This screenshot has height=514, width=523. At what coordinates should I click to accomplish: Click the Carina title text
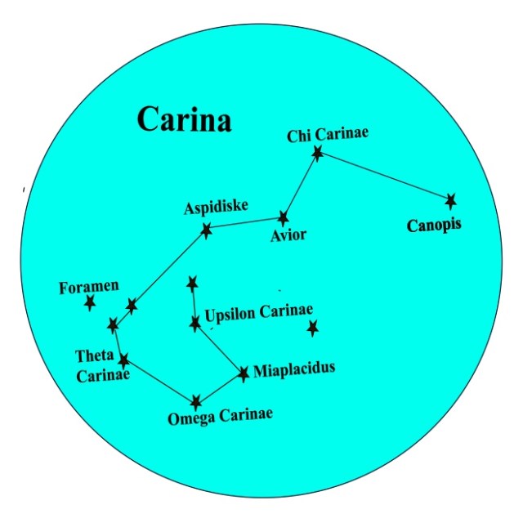pyautogui.click(x=184, y=119)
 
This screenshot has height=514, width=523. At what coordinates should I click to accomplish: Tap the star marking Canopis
pyautogui.click(x=450, y=200)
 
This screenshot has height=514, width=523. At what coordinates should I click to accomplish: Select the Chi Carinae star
pyautogui.click(x=318, y=152)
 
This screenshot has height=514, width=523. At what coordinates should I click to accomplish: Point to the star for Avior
pyautogui.click(x=283, y=218)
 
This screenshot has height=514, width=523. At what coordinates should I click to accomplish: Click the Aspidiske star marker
pyautogui.click(x=206, y=230)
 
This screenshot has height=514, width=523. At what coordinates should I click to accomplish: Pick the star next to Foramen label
pyautogui.click(x=90, y=303)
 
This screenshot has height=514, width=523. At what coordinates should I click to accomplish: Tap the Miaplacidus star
pyautogui.click(x=244, y=373)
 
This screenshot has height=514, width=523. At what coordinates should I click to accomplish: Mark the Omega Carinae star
pyautogui.click(x=196, y=402)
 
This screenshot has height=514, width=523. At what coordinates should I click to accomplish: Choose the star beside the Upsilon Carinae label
pyautogui.click(x=194, y=324)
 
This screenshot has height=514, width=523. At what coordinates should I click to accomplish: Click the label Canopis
pyautogui.click(x=434, y=224)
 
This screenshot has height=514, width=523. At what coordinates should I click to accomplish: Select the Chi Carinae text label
pyautogui.click(x=328, y=135)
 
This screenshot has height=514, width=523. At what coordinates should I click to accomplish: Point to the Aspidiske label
pyautogui.click(x=216, y=208)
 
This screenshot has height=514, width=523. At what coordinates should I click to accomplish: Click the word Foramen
pyautogui.click(x=89, y=287)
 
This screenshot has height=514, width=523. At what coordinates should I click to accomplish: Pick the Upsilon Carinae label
pyautogui.click(x=259, y=314)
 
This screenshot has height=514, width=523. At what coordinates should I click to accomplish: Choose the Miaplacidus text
pyautogui.click(x=294, y=369)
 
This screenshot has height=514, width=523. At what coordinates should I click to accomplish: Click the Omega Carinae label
pyautogui.click(x=220, y=418)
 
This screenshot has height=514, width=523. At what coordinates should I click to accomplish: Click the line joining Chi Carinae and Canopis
pyautogui.click(x=384, y=177)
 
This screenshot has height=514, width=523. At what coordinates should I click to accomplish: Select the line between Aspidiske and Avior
pyautogui.click(x=244, y=224)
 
